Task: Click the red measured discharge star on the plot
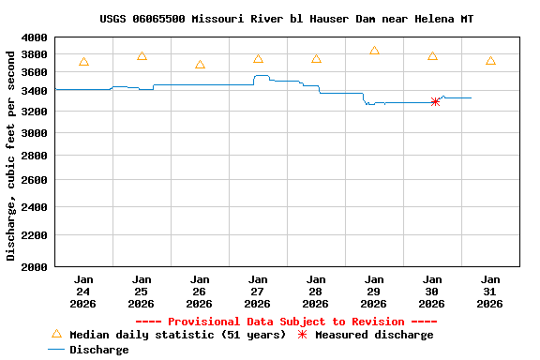(x=435, y=101)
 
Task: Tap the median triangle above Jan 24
(x=84, y=62)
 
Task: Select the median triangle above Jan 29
(x=374, y=51)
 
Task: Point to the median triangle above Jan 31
(x=490, y=61)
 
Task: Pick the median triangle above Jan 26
(x=200, y=65)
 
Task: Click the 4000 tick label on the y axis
(x=34, y=37)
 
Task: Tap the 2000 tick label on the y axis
(x=34, y=267)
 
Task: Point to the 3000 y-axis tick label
(x=34, y=134)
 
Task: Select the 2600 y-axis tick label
(x=34, y=180)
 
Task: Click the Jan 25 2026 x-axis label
(x=142, y=292)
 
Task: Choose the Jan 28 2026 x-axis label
(x=316, y=292)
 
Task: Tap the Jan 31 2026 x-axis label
(x=490, y=292)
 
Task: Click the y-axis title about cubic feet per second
(x=11, y=155)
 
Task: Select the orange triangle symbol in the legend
(x=56, y=334)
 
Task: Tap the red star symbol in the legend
(x=302, y=335)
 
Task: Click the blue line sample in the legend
(x=56, y=350)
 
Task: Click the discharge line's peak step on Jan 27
(x=262, y=76)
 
